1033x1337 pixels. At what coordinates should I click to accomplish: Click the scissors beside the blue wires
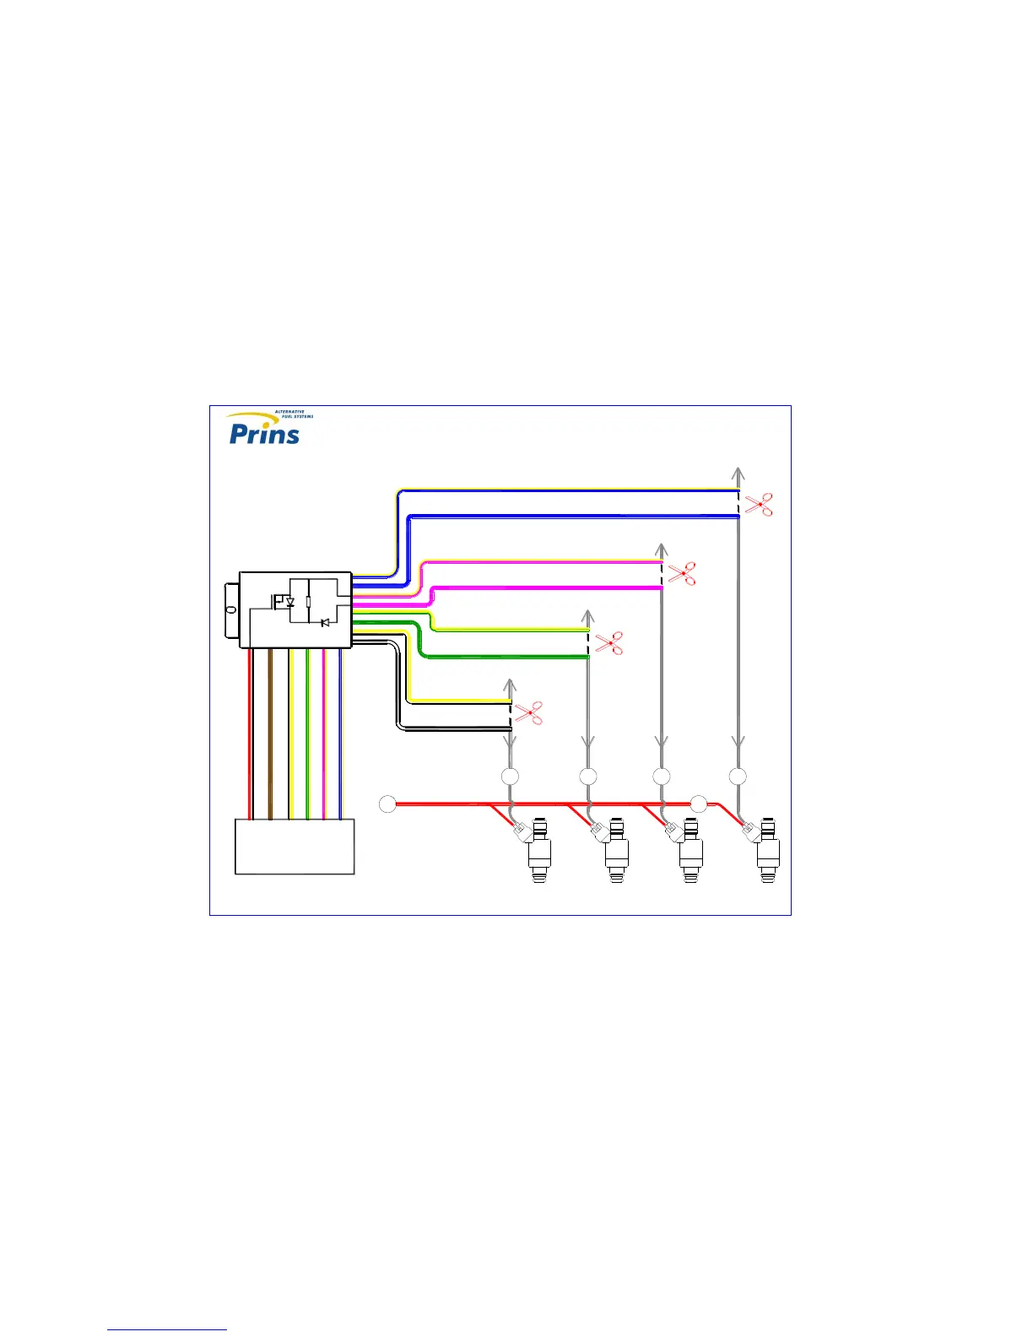click(x=760, y=504)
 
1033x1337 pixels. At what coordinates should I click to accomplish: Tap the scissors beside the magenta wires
click(x=682, y=574)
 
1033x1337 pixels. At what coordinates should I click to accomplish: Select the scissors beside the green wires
click(x=608, y=643)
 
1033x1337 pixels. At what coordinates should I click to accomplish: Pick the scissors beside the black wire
click(x=529, y=713)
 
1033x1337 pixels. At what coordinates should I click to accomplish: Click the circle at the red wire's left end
click(x=387, y=804)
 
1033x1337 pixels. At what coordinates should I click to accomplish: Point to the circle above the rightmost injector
click(x=738, y=776)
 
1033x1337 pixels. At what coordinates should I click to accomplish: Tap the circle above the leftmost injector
click(x=510, y=776)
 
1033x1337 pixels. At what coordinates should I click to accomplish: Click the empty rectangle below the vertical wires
click(x=295, y=847)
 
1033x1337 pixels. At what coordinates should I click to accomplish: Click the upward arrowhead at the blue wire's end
click(x=738, y=473)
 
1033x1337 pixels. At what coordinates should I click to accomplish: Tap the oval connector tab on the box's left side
click(x=230, y=609)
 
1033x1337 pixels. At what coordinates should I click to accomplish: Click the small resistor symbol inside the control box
click(x=309, y=601)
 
